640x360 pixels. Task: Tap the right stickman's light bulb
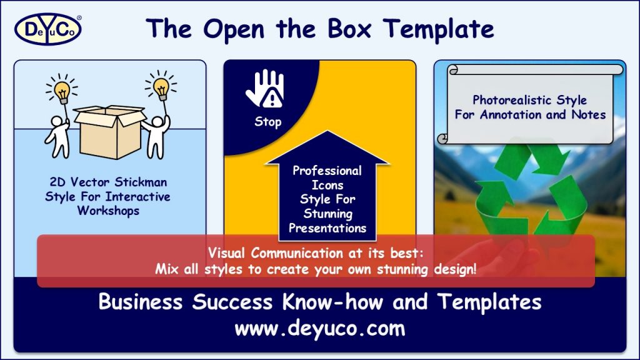[161, 88]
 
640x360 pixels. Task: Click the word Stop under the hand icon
[267, 122]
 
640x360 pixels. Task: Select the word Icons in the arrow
[327, 185]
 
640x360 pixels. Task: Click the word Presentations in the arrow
[327, 228]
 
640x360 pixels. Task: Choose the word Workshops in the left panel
[108, 211]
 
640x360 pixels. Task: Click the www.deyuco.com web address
[319, 328]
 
